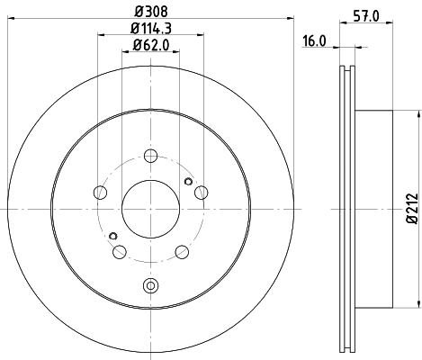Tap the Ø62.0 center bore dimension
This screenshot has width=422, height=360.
coord(149,44)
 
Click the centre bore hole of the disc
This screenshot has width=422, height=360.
coord(149,208)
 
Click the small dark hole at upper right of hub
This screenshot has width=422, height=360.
coord(187,180)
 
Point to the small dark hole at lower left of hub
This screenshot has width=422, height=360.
coord(112,237)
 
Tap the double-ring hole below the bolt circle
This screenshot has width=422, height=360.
coord(149,287)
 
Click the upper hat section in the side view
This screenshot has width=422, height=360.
coord(373,126)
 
